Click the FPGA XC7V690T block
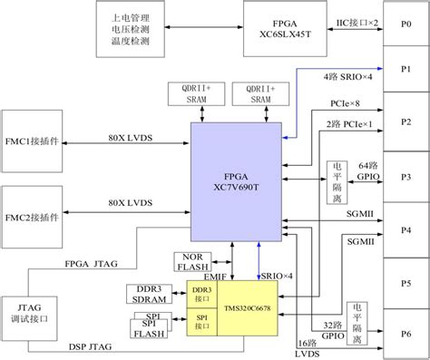point(236,177)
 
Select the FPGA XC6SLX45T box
point(279,25)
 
